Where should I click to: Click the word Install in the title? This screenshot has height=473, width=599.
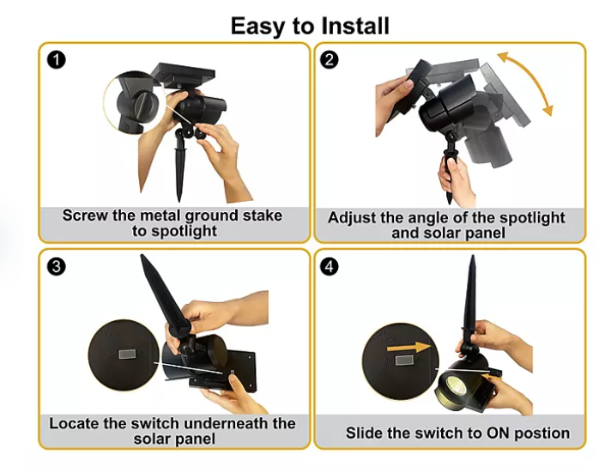coord(355,26)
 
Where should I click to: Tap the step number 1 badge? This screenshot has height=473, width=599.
coord(57,60)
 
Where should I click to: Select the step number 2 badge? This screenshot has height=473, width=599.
coord(330,60)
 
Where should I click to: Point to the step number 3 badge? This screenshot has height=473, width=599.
coord(57,266)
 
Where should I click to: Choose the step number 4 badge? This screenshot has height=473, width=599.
coord(330,266)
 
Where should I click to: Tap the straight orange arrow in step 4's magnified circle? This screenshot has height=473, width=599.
coord(408,348)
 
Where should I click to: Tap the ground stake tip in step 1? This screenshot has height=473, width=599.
coord(178,200)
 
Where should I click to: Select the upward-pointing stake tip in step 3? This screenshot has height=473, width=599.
coord(143,257)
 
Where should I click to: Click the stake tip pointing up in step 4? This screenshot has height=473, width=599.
coord(473,258)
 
